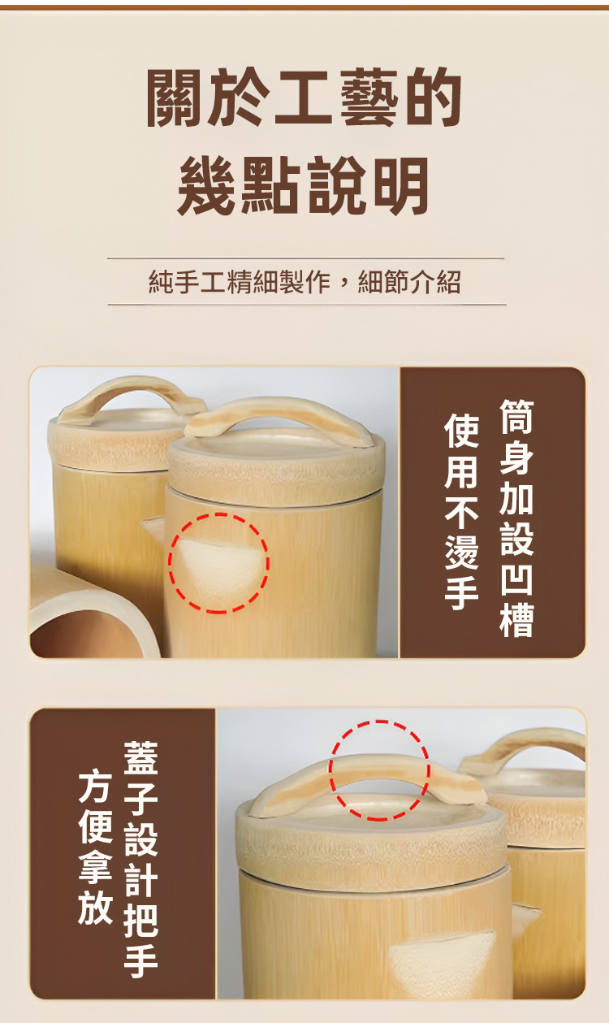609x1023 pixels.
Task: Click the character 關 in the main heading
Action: [176, 97]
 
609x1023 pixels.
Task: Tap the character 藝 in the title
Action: [367, 97]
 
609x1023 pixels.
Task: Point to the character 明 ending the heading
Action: [400, 185]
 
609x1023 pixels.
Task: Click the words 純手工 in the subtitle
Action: [188, 282]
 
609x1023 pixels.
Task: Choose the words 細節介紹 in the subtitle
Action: [409, 282]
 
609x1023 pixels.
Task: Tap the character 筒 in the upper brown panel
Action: [516, 417]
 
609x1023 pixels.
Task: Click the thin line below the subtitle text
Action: [307, 304]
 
